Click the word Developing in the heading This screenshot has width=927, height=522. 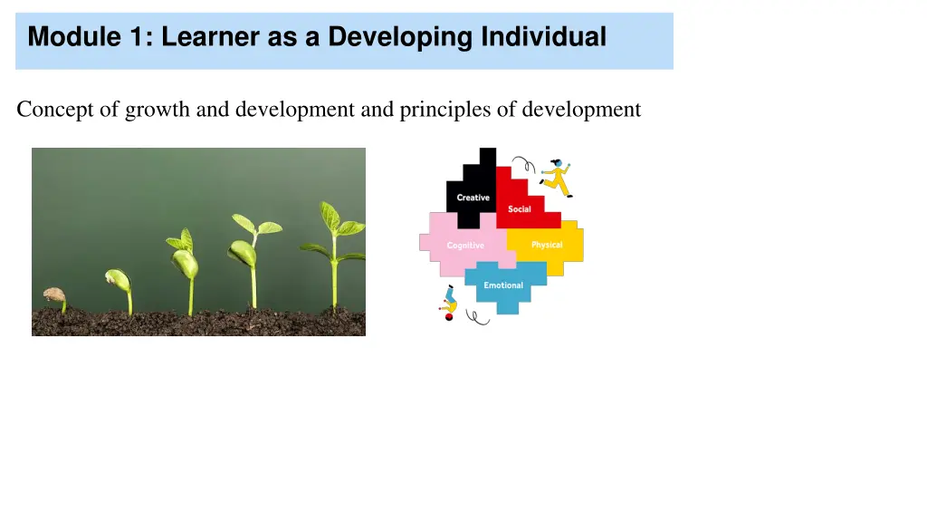click(x=399, y=37)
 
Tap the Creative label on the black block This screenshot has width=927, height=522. click(x=473, y=198)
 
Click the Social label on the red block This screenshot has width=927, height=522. click(x=520, y=209)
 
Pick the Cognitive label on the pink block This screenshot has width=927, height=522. click(x=465, y=246)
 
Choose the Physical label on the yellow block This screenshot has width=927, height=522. click(x=547, y=245)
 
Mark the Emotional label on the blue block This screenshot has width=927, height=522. click(x=503, y=285)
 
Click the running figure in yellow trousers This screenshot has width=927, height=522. click(x=556, y=178)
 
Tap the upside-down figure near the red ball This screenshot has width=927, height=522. click(x=448, y=303)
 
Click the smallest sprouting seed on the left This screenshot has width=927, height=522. click(x=55, y=296)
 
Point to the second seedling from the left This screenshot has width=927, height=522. click(x=119, y=285)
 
